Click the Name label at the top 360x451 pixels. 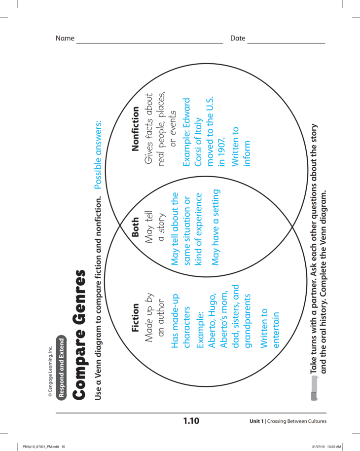click(65, 38)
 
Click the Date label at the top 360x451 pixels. click(238, 38)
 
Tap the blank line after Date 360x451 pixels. click(286, 43)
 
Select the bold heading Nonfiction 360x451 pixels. click(137, 127)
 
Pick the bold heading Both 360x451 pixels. click(137, 228)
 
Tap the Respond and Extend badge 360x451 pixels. click(61, 367)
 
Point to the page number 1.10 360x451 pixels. click(191, 421)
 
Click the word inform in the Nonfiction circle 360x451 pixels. click(247, 153)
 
